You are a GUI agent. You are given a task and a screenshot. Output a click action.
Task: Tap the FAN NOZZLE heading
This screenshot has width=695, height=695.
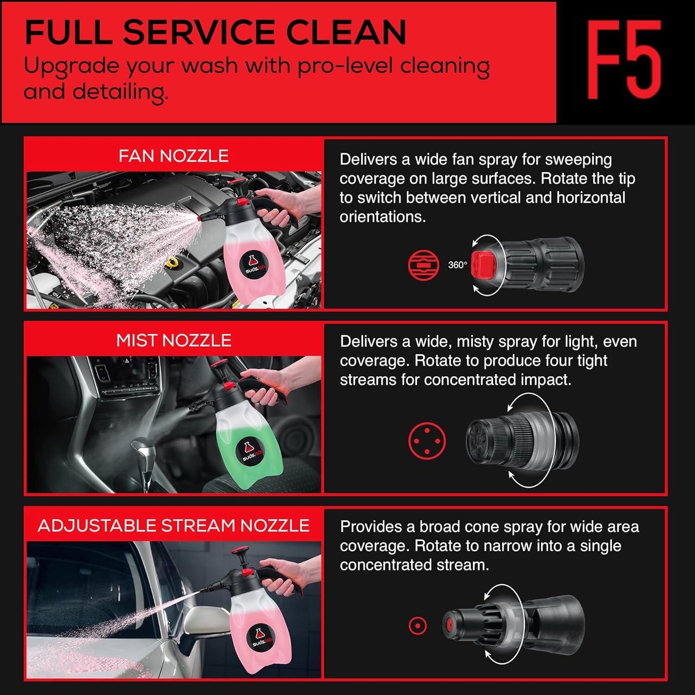[173, 156]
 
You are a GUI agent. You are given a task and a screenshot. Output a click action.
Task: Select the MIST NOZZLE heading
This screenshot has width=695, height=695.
[174, 341]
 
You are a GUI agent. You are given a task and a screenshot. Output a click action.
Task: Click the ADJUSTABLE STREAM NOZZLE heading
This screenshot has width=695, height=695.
[174, 525]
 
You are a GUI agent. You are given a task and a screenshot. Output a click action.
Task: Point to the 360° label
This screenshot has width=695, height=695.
[457, 265]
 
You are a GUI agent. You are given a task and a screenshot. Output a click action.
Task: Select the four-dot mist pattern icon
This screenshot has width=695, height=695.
[427, 441]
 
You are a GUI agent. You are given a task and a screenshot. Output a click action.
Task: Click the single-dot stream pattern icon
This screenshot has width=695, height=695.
[417, 626]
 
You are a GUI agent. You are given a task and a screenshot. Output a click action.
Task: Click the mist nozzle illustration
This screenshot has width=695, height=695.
[522, 440]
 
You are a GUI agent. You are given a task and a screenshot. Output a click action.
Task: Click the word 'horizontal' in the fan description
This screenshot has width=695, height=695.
[591, 197]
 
